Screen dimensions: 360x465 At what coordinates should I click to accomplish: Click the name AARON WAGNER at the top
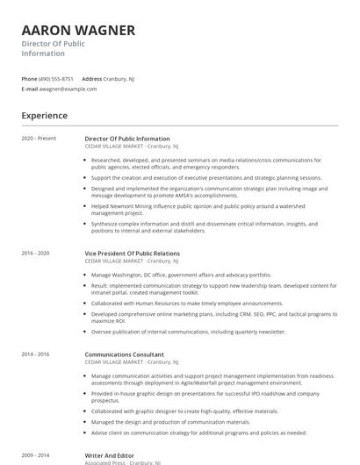pos(78,31)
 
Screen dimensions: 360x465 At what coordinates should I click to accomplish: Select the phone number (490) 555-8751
pos(56,78)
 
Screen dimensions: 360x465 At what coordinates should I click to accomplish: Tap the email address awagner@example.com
pos(68,89)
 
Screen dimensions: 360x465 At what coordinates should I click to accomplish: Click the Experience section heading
pos(45,115)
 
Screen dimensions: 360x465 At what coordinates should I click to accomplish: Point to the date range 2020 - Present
pos(39,139)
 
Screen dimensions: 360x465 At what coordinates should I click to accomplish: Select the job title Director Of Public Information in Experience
pos(127,139)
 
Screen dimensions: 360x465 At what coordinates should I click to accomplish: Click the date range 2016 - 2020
pos(36,254)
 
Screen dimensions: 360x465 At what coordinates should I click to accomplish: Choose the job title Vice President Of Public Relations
pos(132,254)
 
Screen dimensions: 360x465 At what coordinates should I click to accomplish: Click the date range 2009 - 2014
pos(36,455)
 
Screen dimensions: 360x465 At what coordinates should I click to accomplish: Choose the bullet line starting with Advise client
pos(198,433)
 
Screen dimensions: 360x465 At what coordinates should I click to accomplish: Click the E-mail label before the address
pos(30,89)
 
